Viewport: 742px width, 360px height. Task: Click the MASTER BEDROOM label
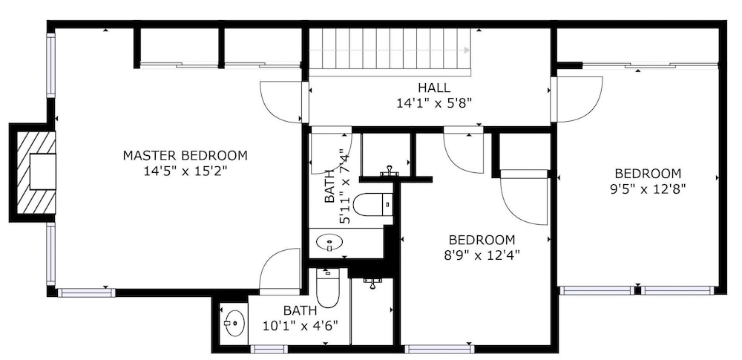pos(185,155)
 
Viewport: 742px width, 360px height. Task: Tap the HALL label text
pos(434,88)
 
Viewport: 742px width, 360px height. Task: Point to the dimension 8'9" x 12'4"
pos(482,255)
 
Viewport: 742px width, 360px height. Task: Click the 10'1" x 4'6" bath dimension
pos(300,327)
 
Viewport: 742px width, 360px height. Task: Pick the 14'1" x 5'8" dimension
pos(434,103)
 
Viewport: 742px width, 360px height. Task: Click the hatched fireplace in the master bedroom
pos(36,172)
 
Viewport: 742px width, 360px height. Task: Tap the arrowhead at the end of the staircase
pos(467,50)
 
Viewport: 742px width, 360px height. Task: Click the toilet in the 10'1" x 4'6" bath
pos(327,289)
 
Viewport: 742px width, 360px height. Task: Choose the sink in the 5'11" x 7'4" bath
pos(329,243)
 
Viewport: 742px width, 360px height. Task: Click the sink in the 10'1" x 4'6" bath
pos(234,324)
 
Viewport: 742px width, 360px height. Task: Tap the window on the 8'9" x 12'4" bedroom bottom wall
pos(439,349)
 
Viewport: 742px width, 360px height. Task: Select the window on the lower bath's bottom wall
pos(269,349)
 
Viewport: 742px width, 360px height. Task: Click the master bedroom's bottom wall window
pos(87,292)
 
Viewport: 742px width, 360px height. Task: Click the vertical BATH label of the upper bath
pos(329,186)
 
